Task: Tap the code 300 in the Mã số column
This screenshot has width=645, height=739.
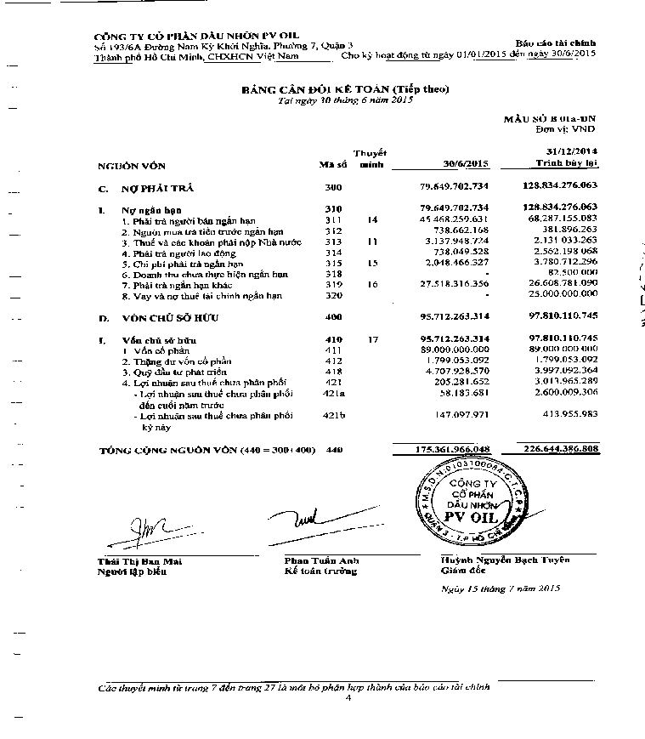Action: (333, 185)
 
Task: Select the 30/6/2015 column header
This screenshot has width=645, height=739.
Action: (466, 163)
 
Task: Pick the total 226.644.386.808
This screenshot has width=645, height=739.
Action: (552, 448)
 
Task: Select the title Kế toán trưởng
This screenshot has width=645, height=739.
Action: (320, 571)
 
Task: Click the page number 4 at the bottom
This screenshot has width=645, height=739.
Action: (348, 697)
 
